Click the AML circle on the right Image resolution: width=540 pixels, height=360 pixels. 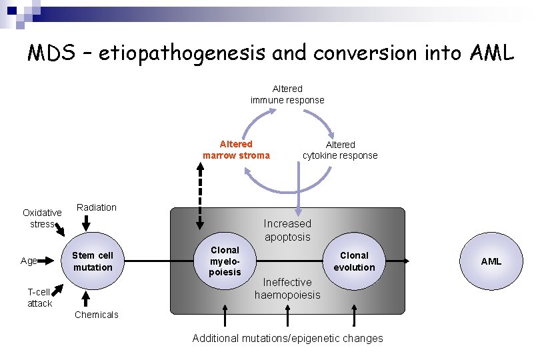click(x=491, y=261)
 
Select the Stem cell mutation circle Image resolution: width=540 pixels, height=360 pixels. click(x=93, y=261)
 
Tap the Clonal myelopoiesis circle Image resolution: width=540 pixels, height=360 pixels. click(x=225, y=261)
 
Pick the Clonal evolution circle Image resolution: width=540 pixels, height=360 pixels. click(x=354, y=261)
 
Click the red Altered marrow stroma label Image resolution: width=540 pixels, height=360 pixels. click(x=236, y=150)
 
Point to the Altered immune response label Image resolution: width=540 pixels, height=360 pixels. click(x=287, y=94)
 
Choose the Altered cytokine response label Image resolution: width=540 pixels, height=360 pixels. click(x=340, y=150)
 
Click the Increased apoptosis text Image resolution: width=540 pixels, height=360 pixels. click(x=287, y=230)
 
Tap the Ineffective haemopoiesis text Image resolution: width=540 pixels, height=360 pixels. click(x=287, y=289)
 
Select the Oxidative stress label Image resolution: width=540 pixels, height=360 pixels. click(x=42, y=218)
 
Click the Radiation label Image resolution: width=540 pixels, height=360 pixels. click(x=97, y=207)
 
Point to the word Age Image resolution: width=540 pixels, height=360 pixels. click(x=29, y=261)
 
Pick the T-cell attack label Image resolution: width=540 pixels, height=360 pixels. click(x=39, y=297)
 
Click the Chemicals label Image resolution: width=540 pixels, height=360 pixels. click(x=97, y=315)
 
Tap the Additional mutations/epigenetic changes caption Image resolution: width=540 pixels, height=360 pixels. click(x=287, y=338)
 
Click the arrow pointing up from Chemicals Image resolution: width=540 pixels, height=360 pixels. click(x=85, y=298)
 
